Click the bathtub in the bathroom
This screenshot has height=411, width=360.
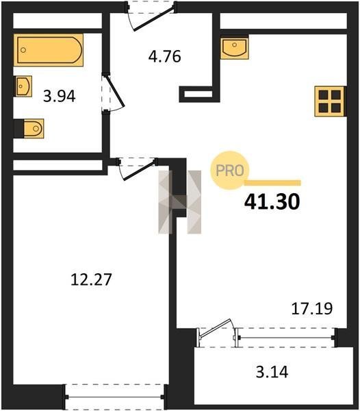point(49,50)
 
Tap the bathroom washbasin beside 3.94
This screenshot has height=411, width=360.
point(23,86)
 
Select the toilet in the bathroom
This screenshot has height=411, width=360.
point(34,129)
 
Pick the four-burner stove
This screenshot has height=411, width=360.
point(330,101)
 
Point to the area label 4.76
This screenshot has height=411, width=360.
point(164,56)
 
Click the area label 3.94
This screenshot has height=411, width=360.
point(60,96)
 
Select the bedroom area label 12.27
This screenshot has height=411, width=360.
point(91,279)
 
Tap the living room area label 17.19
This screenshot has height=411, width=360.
point(312,308)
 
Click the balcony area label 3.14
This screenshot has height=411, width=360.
point(272,371)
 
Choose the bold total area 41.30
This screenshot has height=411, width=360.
point(272,202)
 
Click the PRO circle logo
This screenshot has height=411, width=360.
point(229,171)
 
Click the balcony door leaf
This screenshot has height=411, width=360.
point(215,327)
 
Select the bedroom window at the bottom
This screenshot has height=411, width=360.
point(115,397)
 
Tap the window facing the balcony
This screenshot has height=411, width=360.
point(287,338)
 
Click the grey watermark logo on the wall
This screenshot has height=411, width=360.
point(179,202)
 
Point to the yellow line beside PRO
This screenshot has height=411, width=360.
point(272,183)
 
